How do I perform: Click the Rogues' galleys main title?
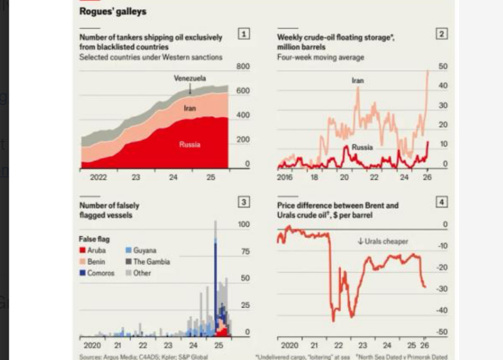[113, 12]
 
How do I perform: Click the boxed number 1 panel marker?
[244, 34]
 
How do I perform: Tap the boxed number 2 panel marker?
[442, 34]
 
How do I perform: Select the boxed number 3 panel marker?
[244, 202]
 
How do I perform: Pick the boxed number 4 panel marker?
[442, 202]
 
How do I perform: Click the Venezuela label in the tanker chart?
[190, 79]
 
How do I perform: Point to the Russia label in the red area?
[190, 144]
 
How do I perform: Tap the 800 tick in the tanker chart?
[243, 66]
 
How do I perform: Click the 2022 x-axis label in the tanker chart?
[98, 178]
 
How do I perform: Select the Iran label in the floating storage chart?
[357, 81]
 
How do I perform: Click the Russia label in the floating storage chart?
[362, 147]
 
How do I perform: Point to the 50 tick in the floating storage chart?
[443, 66]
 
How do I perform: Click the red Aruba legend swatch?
[82, 251]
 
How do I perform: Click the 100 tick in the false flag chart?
[243, 224]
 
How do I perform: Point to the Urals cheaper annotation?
[383, 241]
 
